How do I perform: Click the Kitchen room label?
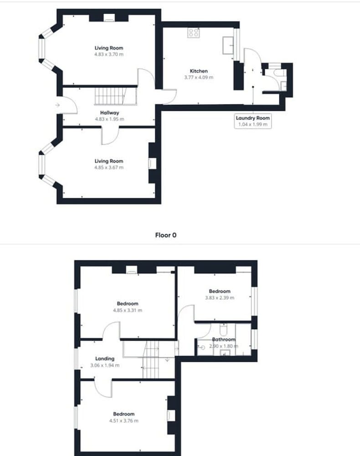pyautogui.click(x=199, y=71)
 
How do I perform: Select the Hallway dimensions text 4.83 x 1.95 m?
pyautogui.click(x=109, y=119)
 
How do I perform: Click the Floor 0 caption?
pyautogui.click(x=165, y=235)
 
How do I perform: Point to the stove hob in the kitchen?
pyautogui.click(x=194, y=33)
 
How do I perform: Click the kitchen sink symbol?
pyautogui.click(x=228, y=45)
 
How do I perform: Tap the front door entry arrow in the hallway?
pyautogui.click(x=57, y=105)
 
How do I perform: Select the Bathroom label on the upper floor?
pyautogui.click(x=223, y=339)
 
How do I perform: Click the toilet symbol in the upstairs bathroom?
pyautogui.click(x=223, y=330)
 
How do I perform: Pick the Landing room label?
pyautogui.click(x=105, y=358)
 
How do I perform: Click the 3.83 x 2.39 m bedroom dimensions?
pyautogui.click(x=220, y=297)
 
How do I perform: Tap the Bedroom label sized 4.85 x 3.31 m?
pyautogui.click(x=128, y=304)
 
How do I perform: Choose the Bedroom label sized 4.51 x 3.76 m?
pyautogui.click(x=124, y=414)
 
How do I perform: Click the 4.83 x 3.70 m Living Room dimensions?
pyautogui.click(x=109, y=54)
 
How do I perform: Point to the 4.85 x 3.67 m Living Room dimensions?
pyautogui.click(x=109, y=167)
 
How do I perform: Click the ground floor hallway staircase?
pyautogui.click(x=115, y=96)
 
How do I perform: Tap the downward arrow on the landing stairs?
pyautogui.click(x=168, y=360)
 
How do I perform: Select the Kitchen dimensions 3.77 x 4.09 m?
pyautogui.click(x=199, y=78)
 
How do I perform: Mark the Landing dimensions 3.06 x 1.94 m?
pyautogui.click(x=105, y=365)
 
